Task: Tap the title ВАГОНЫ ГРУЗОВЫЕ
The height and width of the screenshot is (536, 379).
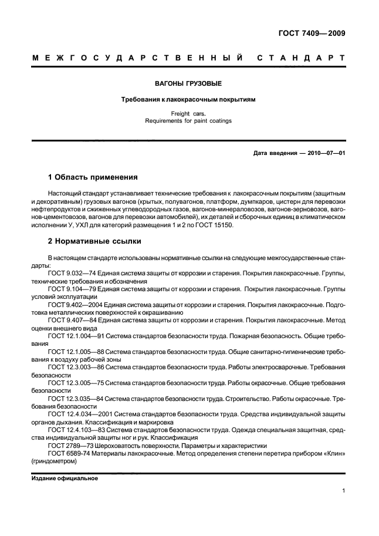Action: [x=189, y=84]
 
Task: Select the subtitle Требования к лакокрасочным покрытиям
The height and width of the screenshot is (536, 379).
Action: [x=189, y=100]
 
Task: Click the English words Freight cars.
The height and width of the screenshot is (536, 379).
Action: [x=189, y=114]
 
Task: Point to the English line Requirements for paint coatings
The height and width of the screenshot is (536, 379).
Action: [x=189, y=122]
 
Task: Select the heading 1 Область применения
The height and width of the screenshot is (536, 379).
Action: [x=92, y=177]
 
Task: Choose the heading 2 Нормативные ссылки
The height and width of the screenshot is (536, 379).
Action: [x=94, y=241]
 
